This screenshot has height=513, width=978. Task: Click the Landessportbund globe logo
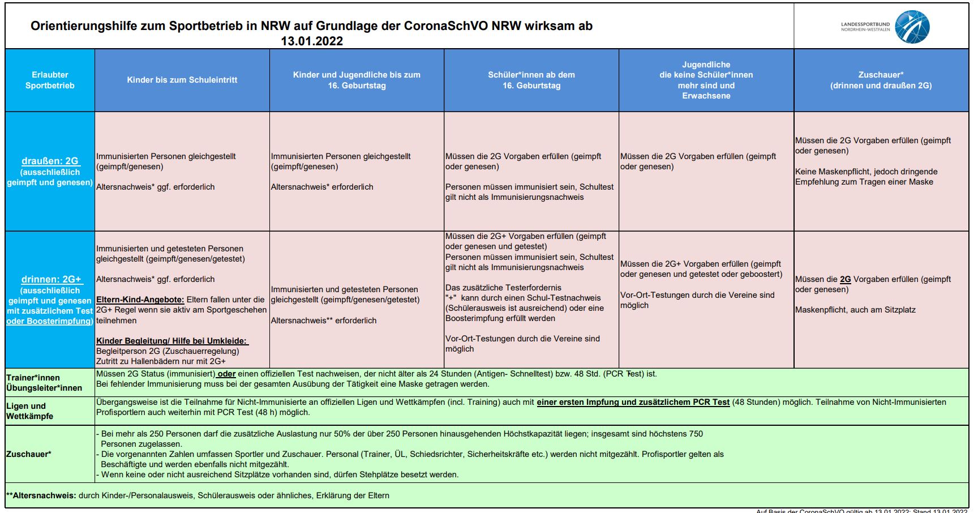[x=912, y=27]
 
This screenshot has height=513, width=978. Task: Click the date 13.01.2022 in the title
[x=312, y=41]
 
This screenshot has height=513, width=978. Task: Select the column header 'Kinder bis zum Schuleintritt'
[x=182, y=80]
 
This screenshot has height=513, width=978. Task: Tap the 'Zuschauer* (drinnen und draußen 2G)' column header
[x=881, y=80]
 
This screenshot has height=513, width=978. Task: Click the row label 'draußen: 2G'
[x=50, y=161]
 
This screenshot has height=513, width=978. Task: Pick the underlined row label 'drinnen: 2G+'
[x=51, y=279]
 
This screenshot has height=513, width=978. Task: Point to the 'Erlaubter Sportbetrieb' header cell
[x=50, y=80]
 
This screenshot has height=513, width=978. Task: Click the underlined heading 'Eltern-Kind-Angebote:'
[x=140, y=300]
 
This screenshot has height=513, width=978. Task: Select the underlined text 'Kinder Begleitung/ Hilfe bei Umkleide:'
[x=171, y=341]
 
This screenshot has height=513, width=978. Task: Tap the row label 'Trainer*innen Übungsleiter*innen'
[x=44, y=383]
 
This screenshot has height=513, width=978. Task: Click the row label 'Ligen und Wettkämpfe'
[x=29, y=411]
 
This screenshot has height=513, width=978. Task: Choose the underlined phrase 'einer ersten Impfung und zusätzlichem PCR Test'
[x=633, y=402]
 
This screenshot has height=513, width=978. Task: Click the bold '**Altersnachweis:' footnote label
[x=41, y=495]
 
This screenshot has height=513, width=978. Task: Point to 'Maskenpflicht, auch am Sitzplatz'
[x=855, y=310]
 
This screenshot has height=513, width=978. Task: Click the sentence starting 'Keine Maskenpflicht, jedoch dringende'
[x=866, y=172]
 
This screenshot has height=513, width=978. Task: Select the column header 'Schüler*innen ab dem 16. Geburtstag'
[x=531, y=80]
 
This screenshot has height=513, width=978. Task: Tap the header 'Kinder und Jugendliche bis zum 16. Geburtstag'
[x=357, y=80]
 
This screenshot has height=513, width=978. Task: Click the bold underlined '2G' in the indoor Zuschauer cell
[x=845, y=279]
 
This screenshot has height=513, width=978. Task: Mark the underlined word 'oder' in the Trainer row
[x=226, y=374]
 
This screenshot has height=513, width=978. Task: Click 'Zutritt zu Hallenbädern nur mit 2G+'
[x=161, y=361]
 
